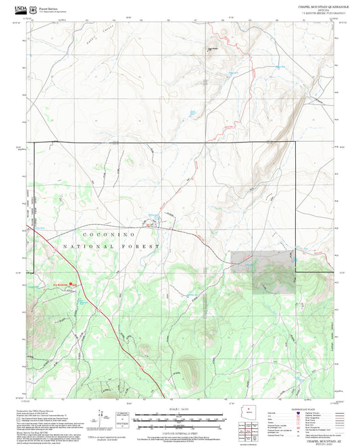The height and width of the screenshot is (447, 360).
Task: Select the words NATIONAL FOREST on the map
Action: click(111, 247)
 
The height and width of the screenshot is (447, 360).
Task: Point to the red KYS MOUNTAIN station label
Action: click(62, 284)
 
